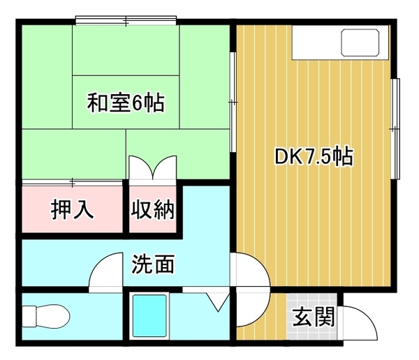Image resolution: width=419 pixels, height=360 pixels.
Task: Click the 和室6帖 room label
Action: (x=126, y=103)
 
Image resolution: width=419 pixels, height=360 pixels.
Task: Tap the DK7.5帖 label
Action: (x=314, y=156)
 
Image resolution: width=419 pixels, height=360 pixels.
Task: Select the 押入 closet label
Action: (x=72, y=209)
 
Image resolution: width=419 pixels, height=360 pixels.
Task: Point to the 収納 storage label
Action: (x=152, y=209)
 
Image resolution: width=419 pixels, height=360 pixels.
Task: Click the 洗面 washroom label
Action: (x=153, y=264)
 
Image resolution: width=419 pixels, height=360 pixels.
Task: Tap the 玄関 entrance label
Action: (x=314, y=317)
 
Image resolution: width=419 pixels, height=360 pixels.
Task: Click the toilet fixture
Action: (x=45, y=316)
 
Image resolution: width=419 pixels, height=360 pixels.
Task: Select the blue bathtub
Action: (x=149, y=316)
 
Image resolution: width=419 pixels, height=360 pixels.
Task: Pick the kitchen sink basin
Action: (x=360, y=43)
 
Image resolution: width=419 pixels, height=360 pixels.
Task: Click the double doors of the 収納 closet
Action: (x=152, y=167)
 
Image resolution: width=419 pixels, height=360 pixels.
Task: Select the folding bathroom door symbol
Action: (x=218, y=301)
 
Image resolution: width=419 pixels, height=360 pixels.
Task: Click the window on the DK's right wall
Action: (x=395, y=129)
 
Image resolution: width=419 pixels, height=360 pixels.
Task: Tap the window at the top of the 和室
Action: (x=126, y=20)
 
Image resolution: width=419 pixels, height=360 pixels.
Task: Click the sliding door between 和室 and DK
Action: (x=233, y=102)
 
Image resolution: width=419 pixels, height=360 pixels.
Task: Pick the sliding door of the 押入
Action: (x=72, y=183)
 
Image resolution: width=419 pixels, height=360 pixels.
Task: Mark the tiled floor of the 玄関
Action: (x=312, y=317)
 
